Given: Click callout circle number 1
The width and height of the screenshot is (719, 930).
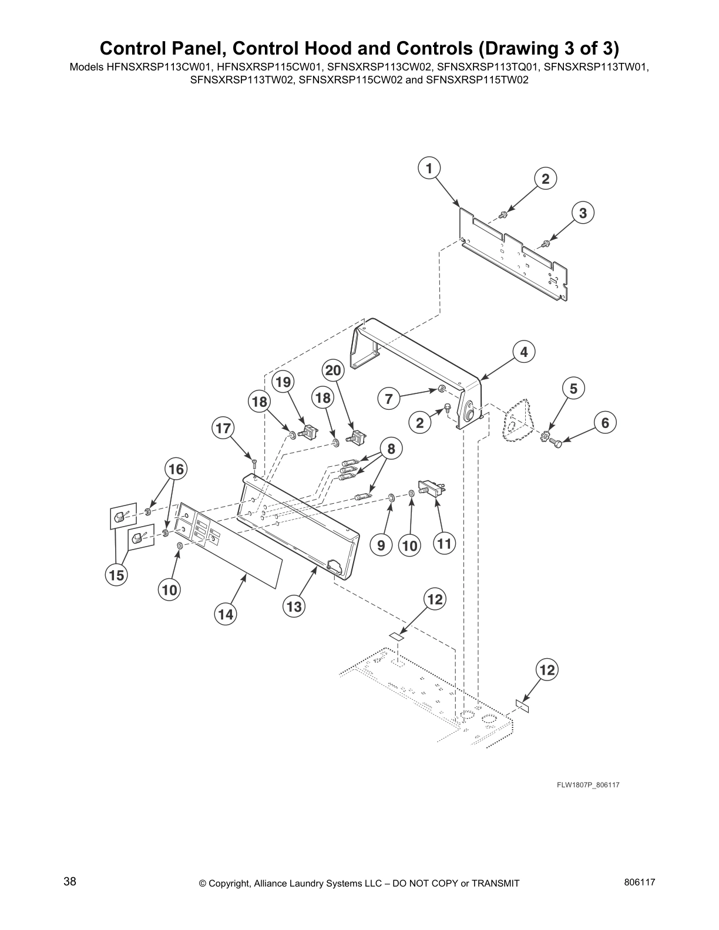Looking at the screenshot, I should (x=429, y=169).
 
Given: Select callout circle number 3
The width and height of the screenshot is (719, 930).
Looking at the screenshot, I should (x=582, y=213).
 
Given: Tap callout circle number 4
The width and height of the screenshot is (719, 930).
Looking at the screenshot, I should (x=523, y=352).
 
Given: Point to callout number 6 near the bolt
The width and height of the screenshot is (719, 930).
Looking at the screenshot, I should (x=605, y=422).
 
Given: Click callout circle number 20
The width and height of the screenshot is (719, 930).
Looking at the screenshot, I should (x=333, y=370).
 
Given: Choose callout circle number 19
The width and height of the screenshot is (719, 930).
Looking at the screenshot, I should (x=283, y=382).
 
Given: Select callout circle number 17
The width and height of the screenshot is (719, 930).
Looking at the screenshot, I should (x=223, y=428).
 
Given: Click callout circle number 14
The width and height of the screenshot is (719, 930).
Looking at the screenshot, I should (x=226, y=614).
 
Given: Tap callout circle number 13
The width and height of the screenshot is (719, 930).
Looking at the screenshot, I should (x=294, y=606).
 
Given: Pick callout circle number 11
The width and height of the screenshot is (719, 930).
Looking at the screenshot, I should (x=444, y=544).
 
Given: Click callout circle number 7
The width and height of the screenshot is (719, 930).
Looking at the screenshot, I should (x=388, y=399).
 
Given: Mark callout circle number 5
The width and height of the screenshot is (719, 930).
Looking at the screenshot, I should (x=573, y=388).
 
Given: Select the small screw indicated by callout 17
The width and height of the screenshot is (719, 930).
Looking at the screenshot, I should (x=254, y=462).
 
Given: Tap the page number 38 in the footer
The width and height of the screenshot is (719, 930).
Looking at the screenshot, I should (x=70, y=881).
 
